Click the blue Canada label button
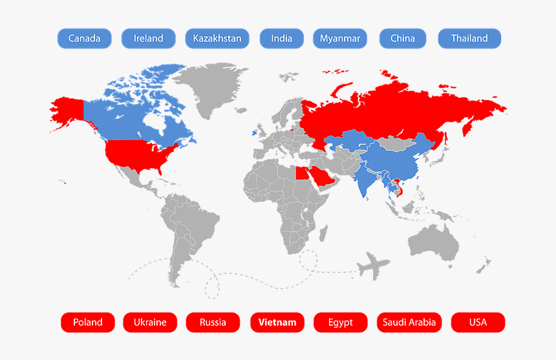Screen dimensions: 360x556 pos(84,38)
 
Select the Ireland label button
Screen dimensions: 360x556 pos(148,38)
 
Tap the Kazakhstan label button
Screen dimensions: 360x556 pos(217,38)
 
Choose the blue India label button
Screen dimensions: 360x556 pos(281,38)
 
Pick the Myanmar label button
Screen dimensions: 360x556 pos(340,38)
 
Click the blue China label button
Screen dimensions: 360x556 pos(403,38)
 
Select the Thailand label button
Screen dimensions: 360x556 pos(469,38)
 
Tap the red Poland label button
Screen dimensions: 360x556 pos(88,322)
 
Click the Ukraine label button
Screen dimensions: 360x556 pos(150,322)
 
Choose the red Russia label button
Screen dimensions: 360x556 pos(213,322)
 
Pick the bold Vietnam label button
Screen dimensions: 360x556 pos(277,322)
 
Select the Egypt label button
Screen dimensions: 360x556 pos(341,322)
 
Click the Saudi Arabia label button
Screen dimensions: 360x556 pos(409,322)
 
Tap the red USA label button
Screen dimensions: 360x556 pos(478,322)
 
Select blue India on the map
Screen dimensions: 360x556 pos(365,181)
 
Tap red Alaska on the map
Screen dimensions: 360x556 pos(67,110)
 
